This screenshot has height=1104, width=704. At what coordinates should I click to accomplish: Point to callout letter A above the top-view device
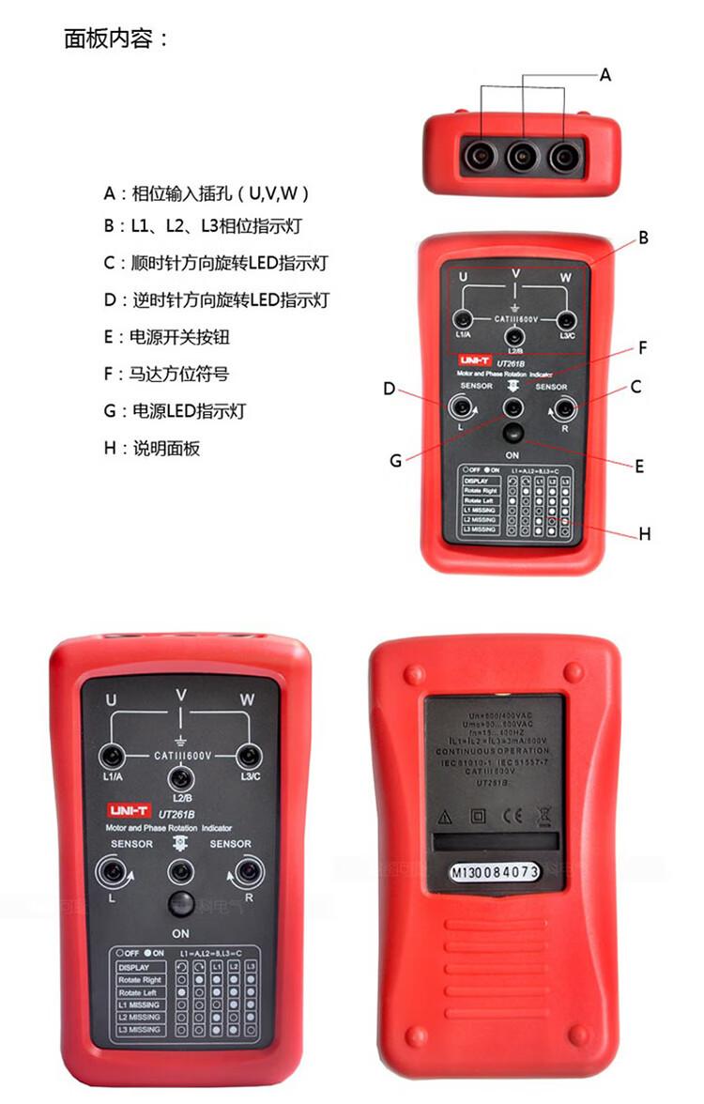pos(605,74)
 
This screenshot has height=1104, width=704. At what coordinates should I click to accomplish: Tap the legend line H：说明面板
pos(152,448)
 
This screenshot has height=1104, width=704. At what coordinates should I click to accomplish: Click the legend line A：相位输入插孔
pos(207,194)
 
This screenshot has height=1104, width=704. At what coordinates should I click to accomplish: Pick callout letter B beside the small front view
pos(644,238)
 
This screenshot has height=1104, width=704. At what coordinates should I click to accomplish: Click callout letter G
pos(395,460)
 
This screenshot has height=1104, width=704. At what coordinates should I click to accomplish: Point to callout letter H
pos(645,534)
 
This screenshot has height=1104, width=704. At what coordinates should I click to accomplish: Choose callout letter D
pos(390,388)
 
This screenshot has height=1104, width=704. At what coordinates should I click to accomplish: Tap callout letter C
pos(635,386)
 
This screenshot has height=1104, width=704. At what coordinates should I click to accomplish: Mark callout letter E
pos(639,465)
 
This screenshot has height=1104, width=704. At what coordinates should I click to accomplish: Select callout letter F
pos(644,348)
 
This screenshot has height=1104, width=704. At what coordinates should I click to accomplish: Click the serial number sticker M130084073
pos(494,872)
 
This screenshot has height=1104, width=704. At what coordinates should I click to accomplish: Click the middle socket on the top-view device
pos(522,156)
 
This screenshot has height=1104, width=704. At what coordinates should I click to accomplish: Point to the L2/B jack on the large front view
pos(180,778)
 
